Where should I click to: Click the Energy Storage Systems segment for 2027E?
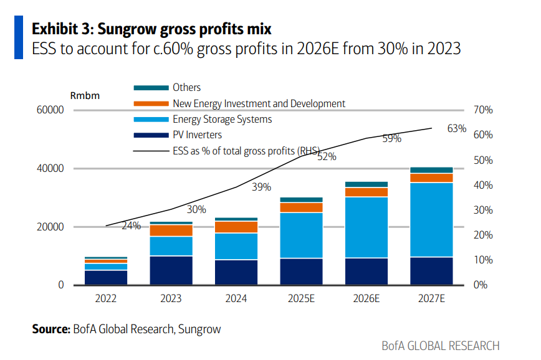coord(431,219)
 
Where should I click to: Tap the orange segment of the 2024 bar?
coord(236,227)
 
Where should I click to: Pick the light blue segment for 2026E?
coord(366,227)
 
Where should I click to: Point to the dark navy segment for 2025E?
coord(301,272)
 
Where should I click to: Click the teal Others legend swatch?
coord(151,88)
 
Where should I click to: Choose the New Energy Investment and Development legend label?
coord(259,103)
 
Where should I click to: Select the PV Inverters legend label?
coord(197,135)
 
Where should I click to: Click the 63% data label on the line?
coord(457,128)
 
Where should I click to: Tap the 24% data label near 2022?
coord(131,225)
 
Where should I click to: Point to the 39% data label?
coord(261,187)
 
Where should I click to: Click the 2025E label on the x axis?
coord(301,299)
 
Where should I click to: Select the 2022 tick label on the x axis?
coord(106,299)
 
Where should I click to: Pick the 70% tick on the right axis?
coord(483,110)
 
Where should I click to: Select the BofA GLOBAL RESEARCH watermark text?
coord(441,346)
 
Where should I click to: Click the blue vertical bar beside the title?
coord(19,38)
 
